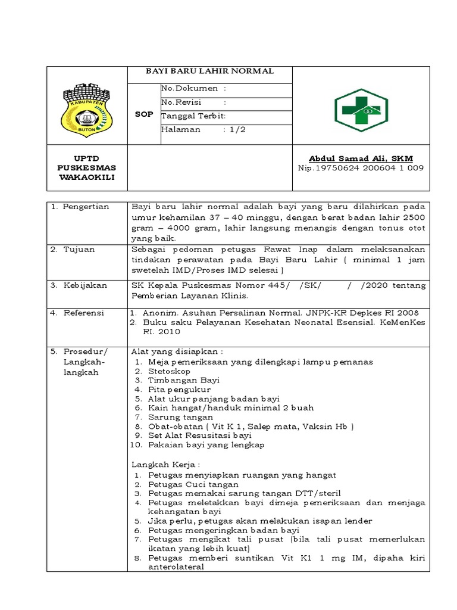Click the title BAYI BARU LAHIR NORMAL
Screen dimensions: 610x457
click(x=210, y=71)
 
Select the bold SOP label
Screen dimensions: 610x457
click(x=144, y=113)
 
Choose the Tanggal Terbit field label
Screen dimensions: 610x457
click(x=193, y=116)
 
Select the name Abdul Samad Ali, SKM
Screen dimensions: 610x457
click(x=361, y=158)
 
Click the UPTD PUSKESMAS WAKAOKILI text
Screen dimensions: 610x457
click(x=87, y=168)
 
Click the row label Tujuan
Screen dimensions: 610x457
click(x=79, y=250)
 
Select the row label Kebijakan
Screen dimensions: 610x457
click(x=86, y=285)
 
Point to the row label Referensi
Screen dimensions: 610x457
click(x=84, y=313)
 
